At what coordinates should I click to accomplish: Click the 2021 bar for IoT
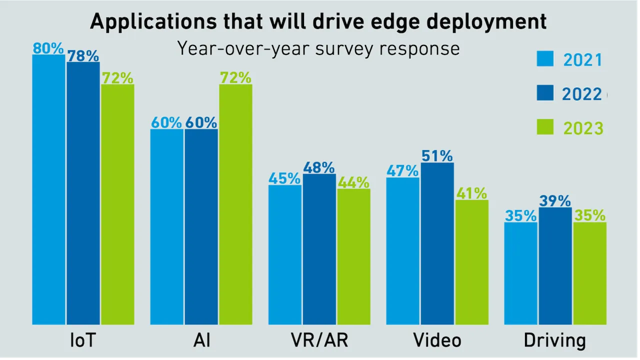point(48,190)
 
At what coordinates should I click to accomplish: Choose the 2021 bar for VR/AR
point(285,254)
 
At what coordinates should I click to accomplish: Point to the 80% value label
point(48,48)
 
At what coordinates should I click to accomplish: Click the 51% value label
point(437,156)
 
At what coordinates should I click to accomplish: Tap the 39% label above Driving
point(555,201)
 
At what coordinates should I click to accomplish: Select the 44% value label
point(353,182)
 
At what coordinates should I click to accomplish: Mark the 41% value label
point(471,193)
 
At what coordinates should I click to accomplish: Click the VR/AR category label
point(319,340)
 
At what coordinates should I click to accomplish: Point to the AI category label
point(201,340)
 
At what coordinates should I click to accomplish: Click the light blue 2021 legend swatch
point(545,58)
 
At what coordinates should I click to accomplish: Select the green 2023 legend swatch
point(545,127)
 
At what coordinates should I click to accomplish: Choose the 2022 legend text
point(581,94)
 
